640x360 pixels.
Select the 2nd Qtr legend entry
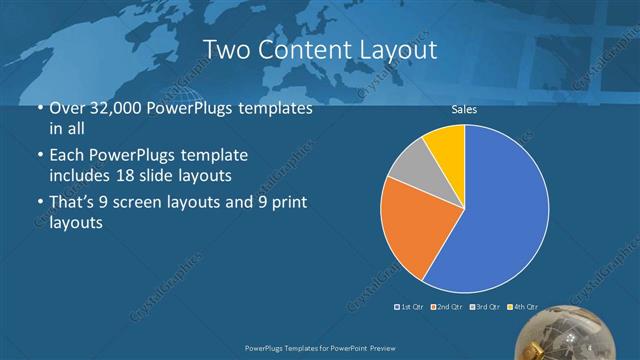[x=447, y=307]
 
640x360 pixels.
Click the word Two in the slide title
[x=224, y=49]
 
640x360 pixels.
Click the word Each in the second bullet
[x=65, y=156]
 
